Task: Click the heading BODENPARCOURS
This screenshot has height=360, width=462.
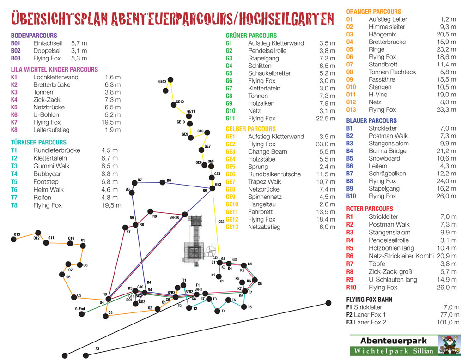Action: (34, 36)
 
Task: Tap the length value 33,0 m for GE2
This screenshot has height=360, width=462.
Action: (325, 144)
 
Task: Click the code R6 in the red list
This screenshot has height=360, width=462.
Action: (350, 256)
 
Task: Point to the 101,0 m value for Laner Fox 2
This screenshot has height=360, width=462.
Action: (448, 322)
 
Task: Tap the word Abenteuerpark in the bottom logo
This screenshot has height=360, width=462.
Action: (392, 341)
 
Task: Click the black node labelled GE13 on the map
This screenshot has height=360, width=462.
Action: (170, 80)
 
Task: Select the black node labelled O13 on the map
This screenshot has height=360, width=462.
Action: (13, 239)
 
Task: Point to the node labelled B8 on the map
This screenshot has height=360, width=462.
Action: (162, 183)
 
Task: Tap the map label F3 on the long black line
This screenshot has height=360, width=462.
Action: (97, 348)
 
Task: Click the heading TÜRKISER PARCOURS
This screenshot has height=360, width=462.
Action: (38, 143)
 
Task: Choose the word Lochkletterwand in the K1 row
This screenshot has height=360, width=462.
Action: (56, 77)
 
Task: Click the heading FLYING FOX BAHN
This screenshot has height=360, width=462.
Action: (369, 300)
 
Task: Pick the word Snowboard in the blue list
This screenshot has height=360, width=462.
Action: (384, 158)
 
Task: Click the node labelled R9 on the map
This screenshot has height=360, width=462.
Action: (150, 212)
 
